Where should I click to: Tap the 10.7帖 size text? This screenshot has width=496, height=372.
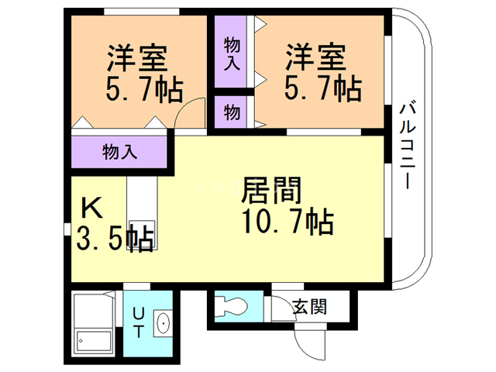coord(286,222)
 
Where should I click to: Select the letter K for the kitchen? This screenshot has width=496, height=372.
coord(91,207)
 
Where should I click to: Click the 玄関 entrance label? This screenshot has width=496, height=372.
coord(308,306)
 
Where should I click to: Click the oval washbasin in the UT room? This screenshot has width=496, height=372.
coord(163,322)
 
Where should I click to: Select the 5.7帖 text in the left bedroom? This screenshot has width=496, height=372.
coord(144,89)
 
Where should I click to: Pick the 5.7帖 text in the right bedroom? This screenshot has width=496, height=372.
coord(322,89)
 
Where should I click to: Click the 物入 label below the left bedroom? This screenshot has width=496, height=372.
coord(120,151)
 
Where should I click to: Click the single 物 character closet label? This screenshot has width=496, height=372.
coord(231,113)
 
